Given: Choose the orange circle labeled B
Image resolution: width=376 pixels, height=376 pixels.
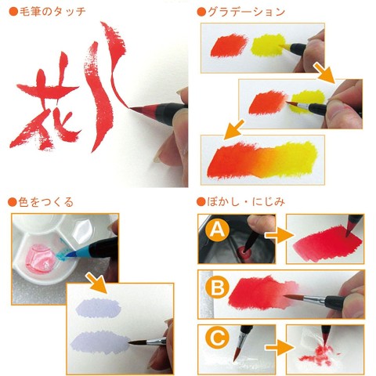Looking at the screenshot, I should pos(216,287).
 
